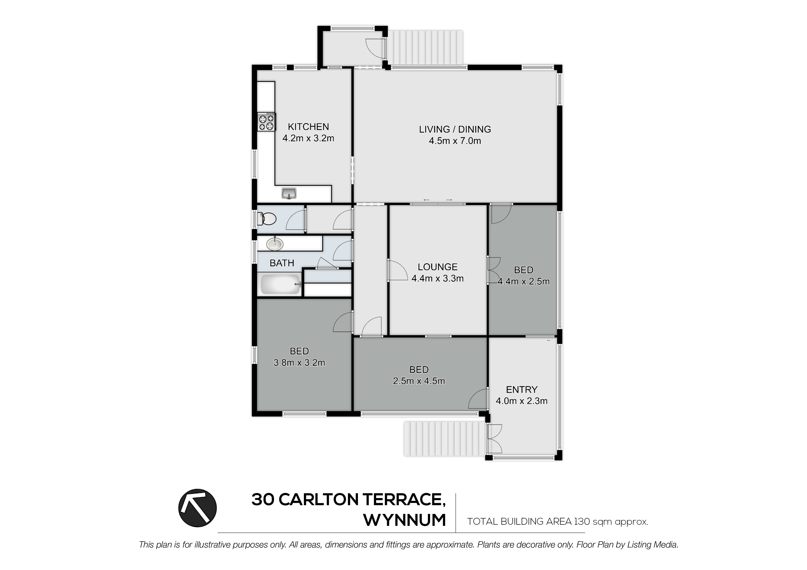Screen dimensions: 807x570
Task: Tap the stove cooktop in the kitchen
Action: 266,122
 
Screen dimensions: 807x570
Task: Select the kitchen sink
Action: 289,193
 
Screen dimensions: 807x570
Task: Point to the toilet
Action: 267,219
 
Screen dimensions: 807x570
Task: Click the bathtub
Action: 281,285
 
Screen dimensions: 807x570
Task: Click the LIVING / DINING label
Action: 455,129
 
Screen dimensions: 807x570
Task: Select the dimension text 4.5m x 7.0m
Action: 455,141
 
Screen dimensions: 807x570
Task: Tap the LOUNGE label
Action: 438,267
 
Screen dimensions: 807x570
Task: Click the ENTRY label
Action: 522,390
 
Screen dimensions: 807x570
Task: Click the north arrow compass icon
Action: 198,508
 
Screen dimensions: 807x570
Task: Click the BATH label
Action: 282,263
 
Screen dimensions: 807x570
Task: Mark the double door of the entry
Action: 494,439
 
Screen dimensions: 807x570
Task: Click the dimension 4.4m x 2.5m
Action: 524,281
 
